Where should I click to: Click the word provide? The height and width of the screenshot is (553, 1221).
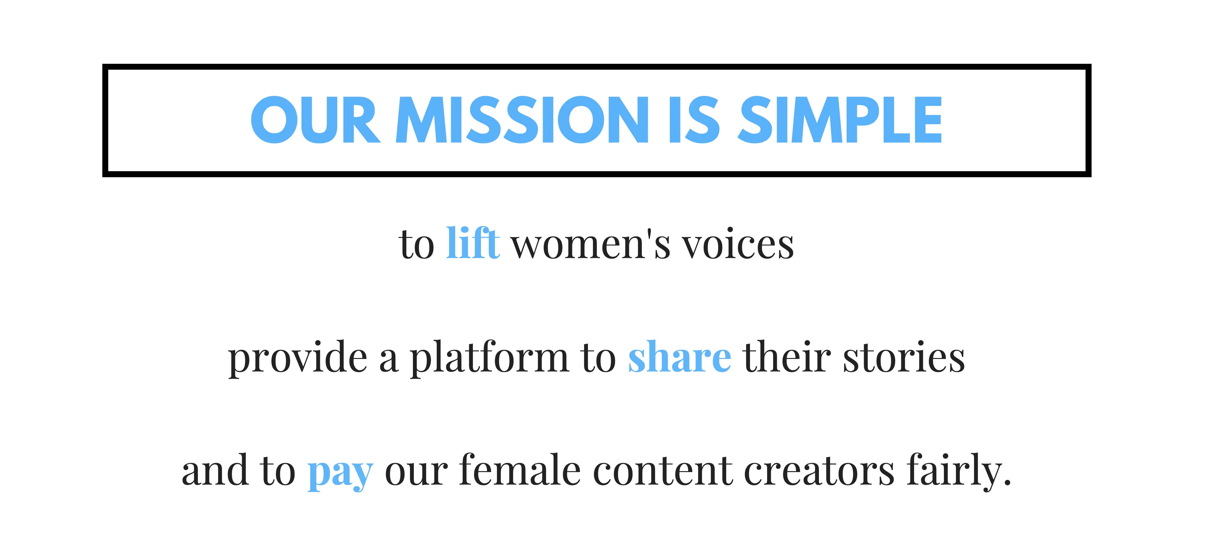(x=298, y=357)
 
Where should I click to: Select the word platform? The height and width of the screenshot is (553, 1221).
(x=489, y=357)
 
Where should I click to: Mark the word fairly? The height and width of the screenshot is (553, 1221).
(x=954, y=471)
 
